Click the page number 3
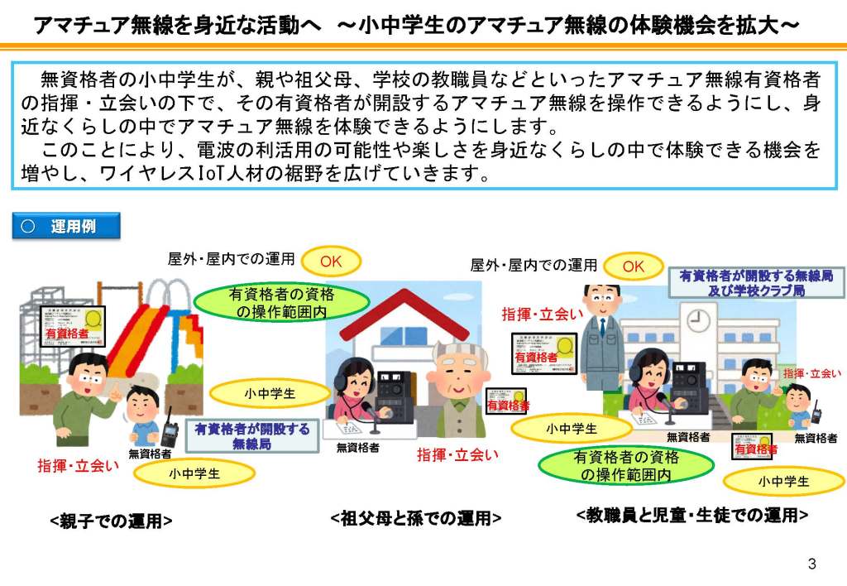click(x=811, y=564)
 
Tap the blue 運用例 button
click(x=66, y=226)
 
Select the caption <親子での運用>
click(x=111, y=521)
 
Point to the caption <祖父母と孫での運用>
click(x=416, y=519)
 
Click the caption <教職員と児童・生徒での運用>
click(x=691, y=515)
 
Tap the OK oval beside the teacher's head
click(x=633, y=267)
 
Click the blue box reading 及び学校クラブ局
click(x=757, y=283)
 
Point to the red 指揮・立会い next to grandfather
click(x=457, y=454)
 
